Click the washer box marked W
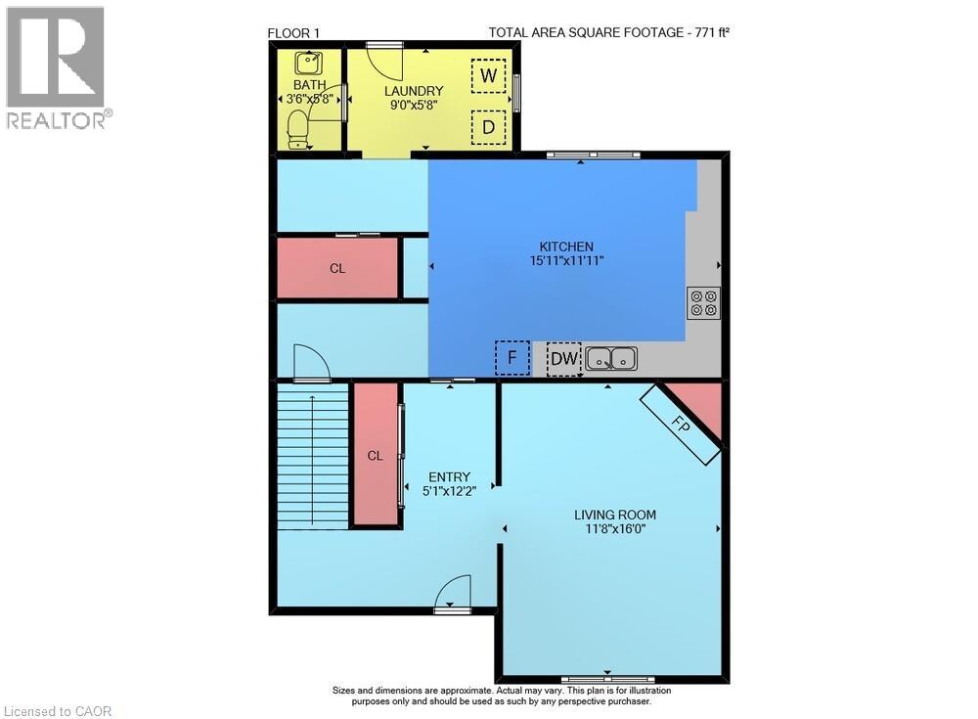[x=488, y=75]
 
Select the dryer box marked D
[x=488, y=127]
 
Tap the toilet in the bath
[x=298, y=130]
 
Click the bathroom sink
[x=307, y=63]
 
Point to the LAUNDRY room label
[x=414, y=91]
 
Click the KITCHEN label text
[x=566, y=247]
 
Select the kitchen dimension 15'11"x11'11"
[x=567, y=261]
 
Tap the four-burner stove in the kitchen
[x=703, y=303]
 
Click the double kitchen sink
[x=611, y=359]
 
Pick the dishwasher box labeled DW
[x=564, y=359]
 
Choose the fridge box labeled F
[x=512, y=358]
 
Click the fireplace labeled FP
[x=681, y=424]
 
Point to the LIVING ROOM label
[x=615, y=515]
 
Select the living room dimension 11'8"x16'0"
[x=615, y=529]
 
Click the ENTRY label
[x=450, y=476]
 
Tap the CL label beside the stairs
[x=375, y=456]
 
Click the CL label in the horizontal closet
[x=337, y=268]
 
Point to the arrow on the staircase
[x=312, y=462]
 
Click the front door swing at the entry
[x=452, y=591]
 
